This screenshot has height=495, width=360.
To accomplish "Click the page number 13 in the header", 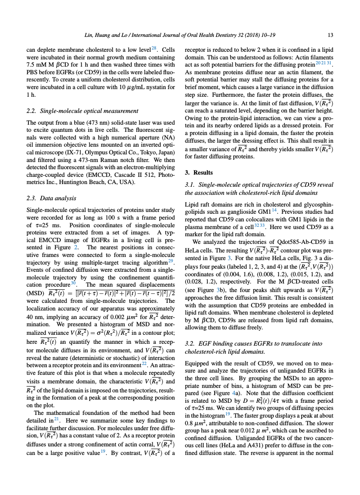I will click(x=330, y=35).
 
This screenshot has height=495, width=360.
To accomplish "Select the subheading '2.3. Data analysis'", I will click(x=51, y=198).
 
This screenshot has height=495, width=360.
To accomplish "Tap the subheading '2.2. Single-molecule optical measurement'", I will click(x=82, y=111).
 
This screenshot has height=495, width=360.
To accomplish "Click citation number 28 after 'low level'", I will click(x=154, y=48).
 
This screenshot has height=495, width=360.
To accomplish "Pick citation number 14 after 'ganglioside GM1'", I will click(x=274, y=210).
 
